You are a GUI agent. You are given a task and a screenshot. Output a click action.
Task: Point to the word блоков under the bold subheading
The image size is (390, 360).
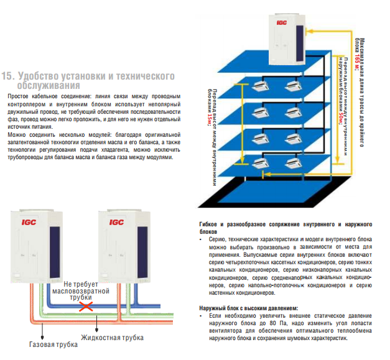click(210, 230)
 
